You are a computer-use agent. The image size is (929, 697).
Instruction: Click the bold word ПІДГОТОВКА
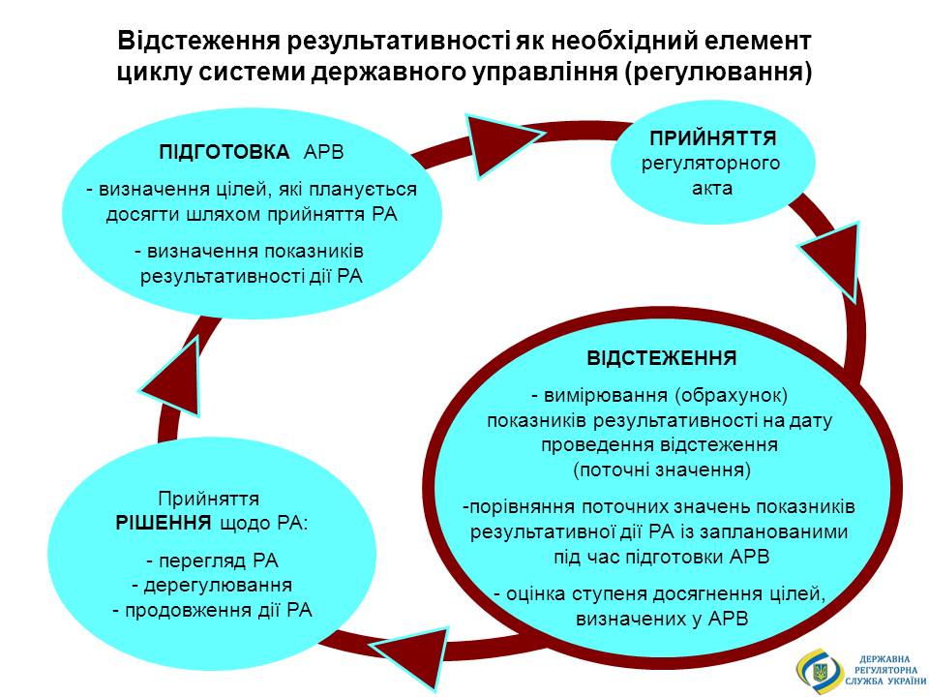click(225, 152)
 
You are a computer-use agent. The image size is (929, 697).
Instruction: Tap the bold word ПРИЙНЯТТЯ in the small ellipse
click(713, 138)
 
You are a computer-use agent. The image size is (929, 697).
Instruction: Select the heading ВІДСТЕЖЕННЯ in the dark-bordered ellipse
click(662, 358)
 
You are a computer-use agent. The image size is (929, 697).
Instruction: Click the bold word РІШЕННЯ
click(164, 523)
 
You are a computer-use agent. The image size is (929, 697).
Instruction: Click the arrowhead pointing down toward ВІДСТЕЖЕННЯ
click(834, 260)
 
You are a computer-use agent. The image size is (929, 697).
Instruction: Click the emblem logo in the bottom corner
click(820, 670)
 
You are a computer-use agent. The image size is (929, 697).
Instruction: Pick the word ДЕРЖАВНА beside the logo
click(884, 659)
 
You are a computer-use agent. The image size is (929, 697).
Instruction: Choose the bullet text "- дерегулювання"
click(212, 585)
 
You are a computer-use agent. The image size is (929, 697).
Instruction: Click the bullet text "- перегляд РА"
click(212, 561)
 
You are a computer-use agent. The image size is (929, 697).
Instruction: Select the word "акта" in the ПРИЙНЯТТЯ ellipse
click(712, 189)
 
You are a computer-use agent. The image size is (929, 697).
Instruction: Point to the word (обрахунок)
click(732, 395)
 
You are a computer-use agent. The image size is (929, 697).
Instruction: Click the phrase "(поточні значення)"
click(662, 470)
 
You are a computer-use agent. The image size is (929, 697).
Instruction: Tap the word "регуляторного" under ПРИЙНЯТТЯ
click(711, 164)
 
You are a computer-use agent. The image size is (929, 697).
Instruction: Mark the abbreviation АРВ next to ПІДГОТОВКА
click(323, 152)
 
